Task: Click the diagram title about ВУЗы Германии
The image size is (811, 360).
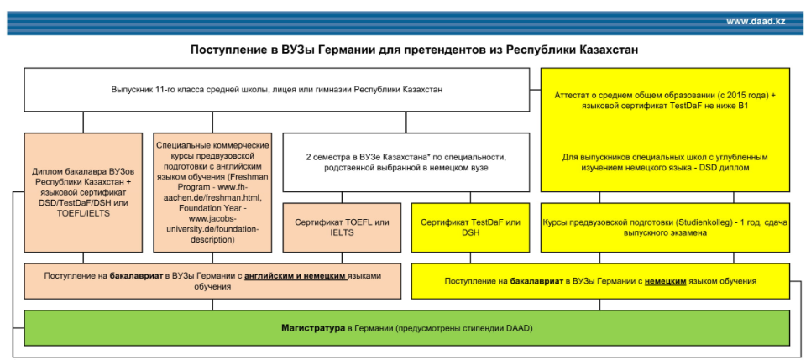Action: click(x=415, y=50)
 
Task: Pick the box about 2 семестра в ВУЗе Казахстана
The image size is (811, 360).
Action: click(x=405, y=162)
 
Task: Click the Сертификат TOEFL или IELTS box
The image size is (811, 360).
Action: click(x=342, y=227)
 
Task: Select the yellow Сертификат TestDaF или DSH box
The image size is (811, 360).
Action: click(x=470, y=227)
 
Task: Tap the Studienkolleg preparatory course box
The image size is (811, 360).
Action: click(x=665, y=227)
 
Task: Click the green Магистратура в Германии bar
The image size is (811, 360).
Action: click(x=405, y=326)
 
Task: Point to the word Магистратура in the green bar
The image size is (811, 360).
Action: click(x=312, y=326)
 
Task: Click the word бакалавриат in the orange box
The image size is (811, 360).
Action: click(x=137, y=275)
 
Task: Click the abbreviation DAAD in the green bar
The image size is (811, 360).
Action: click(x=517, y=326)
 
